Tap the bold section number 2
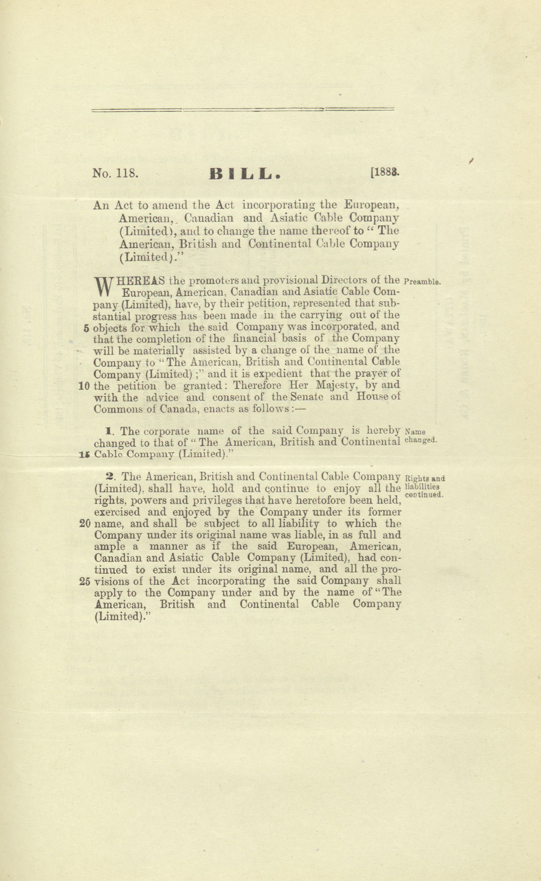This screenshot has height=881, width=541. pyautogui.click(x=110, y=477)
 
